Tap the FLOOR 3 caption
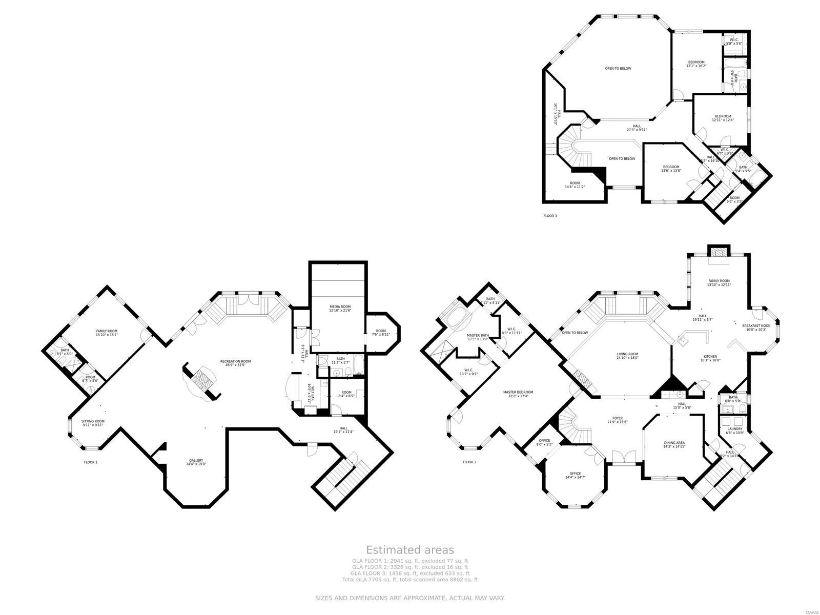(x=550, y=216)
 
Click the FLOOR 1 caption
(x=90, y=462)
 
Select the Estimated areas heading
(x=409, y=550)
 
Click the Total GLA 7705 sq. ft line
(x=409, y=580)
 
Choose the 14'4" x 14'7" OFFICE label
(x=575, y=475)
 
